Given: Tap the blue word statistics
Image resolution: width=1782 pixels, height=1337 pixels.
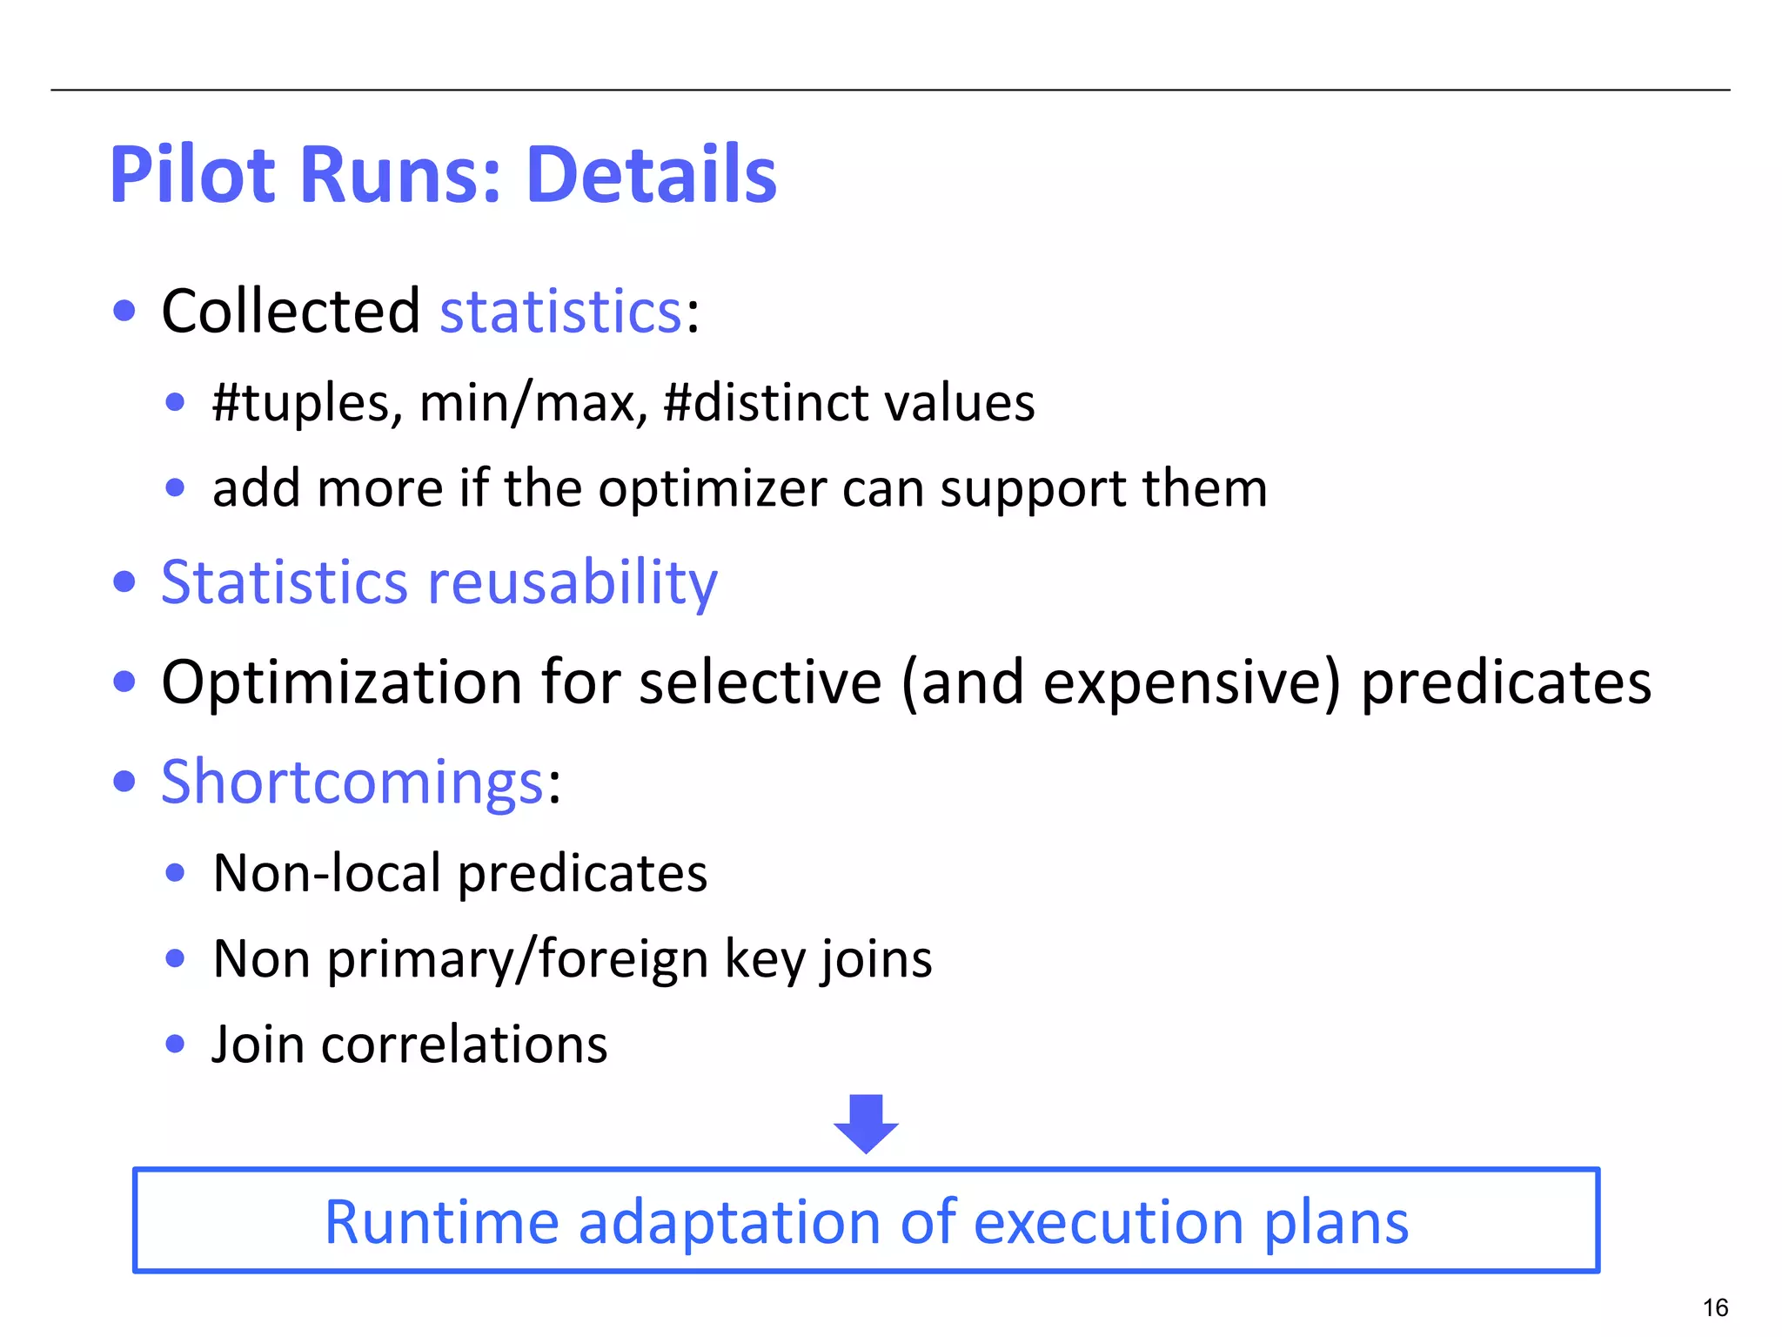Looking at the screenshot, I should pyautogui.click(x=561, y=311).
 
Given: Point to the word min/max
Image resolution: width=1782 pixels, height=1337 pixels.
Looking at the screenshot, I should pyautogui.click(x=533, y=403).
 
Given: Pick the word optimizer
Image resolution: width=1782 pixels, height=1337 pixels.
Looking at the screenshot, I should pyautogui.click(x=713, y=488).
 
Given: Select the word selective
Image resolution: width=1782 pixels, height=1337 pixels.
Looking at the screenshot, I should pyautogui.click(x=760, y=682).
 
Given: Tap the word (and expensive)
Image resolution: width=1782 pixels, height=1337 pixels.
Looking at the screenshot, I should pyautogui.click(x=1121, y=682).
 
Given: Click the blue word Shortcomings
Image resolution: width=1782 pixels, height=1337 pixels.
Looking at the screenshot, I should pyautogui.click(x=352, y=782).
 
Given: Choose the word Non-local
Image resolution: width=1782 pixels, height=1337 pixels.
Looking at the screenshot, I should pyautogui.click(x=327, y=872).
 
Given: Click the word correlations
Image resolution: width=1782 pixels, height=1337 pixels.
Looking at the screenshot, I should pyautogui.click(x=464, y=1044).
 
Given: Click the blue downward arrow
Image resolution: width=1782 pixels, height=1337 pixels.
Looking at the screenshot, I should pyautogui.click(x=866, y=1123).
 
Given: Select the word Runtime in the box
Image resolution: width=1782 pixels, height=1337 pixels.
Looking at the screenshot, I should pyautogui.click(x=440, y=1222).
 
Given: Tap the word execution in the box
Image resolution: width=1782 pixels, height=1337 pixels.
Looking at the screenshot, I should pyautogui.click(x=1109, y=1222).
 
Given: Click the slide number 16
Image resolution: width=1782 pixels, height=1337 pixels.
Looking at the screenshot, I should pyautogui.click(x=1715, y=1307).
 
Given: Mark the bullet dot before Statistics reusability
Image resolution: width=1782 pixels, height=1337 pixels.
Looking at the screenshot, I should pyautogui.click(x=124, y=581).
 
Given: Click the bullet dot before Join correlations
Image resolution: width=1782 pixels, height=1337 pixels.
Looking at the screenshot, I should pyautogui.click(x=175, y=1044).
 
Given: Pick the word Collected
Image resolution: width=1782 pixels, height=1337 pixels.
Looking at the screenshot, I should pyautogui.click(x=291, y=311).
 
